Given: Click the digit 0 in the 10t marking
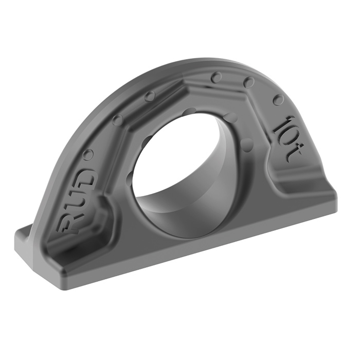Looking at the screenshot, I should (x=291, y=137).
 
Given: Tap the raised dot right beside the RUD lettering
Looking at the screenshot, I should (x=88, y=153).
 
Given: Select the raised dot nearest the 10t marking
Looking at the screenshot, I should (x=278, y=100).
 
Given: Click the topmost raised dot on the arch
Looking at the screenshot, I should (x=217, y=77).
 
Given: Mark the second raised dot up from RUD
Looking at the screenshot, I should (x=117, y=119).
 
